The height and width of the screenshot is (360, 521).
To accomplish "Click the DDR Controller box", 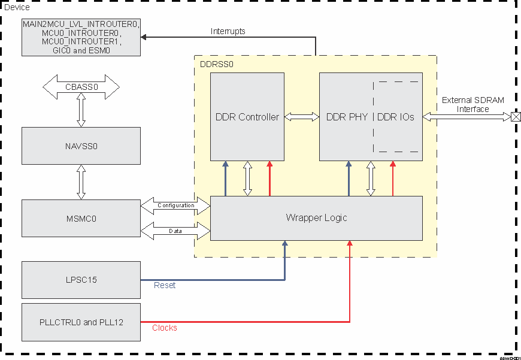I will tap(247, 117).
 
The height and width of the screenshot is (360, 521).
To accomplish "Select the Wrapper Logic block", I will tap(316, 218).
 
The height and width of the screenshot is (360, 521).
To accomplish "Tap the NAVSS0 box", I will tap(81, 146).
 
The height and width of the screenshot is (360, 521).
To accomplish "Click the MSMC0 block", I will tap(81, 219).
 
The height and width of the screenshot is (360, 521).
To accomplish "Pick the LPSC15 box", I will tap(81, 280).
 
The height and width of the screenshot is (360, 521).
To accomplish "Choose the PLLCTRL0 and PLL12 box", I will tap(81, 322).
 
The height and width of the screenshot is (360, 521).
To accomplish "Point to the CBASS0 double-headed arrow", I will tap(81, 87).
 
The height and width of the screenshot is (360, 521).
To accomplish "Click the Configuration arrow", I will tap(175, 205).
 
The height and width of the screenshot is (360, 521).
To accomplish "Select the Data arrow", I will tap(175, 230).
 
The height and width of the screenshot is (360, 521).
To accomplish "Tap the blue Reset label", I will tap(165, 286).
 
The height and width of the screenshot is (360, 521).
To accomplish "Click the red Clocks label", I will tap(165, 328).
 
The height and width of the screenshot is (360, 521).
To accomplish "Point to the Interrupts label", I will tap(228, 31).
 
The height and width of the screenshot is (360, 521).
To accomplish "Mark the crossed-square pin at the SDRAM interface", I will tap(514, 117).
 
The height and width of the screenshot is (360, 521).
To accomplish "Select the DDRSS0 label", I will tap(216, 63).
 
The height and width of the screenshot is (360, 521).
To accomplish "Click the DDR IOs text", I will tap(396, 117).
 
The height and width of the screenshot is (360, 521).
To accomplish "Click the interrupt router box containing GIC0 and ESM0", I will tap(81, 37).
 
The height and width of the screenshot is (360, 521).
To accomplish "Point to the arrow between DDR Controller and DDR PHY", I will tap(301, 117).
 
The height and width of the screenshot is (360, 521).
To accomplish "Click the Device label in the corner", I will tap(17, 7).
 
